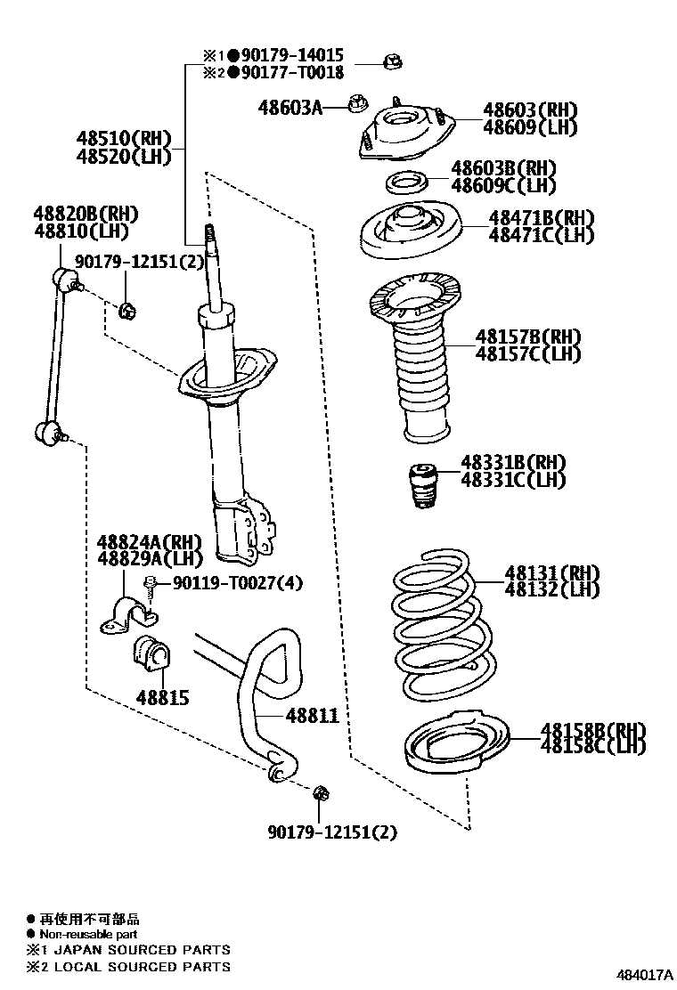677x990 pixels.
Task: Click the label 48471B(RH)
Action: (541, 218)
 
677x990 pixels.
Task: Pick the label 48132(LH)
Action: (552, 589)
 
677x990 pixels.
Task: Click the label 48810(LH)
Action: (81, 231)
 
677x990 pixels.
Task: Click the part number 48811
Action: (312, 714)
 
